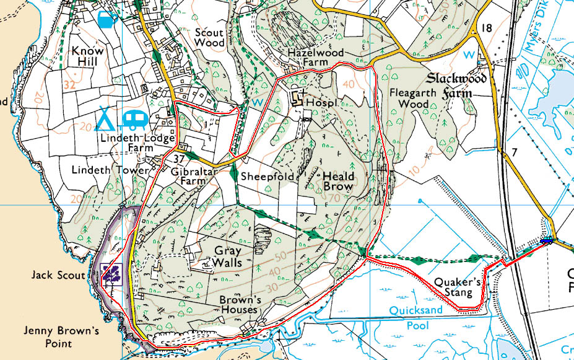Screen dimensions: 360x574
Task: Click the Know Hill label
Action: click(x=88, y=56)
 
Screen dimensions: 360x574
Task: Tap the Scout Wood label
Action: click(x=209, y=37)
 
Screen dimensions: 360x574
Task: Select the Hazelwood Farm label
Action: click(x=316, y=59)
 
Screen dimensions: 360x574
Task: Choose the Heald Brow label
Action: click(x=337, y=181)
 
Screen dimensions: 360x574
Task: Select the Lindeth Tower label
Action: click(x=110, y=170)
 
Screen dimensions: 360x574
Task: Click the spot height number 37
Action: click(x=172, y=159)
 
